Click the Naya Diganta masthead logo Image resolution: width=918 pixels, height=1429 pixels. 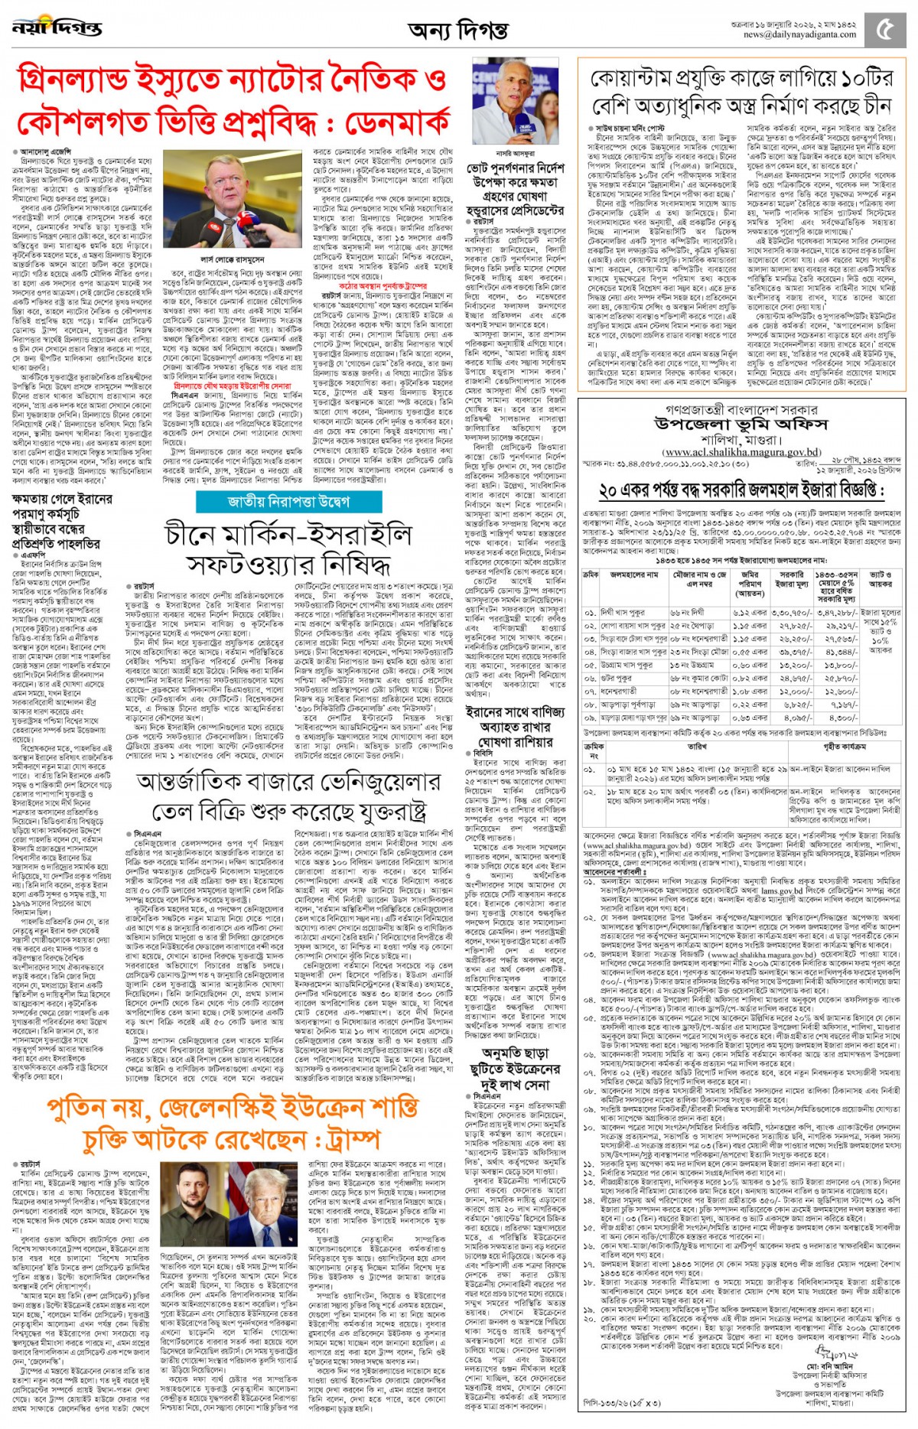57,28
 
